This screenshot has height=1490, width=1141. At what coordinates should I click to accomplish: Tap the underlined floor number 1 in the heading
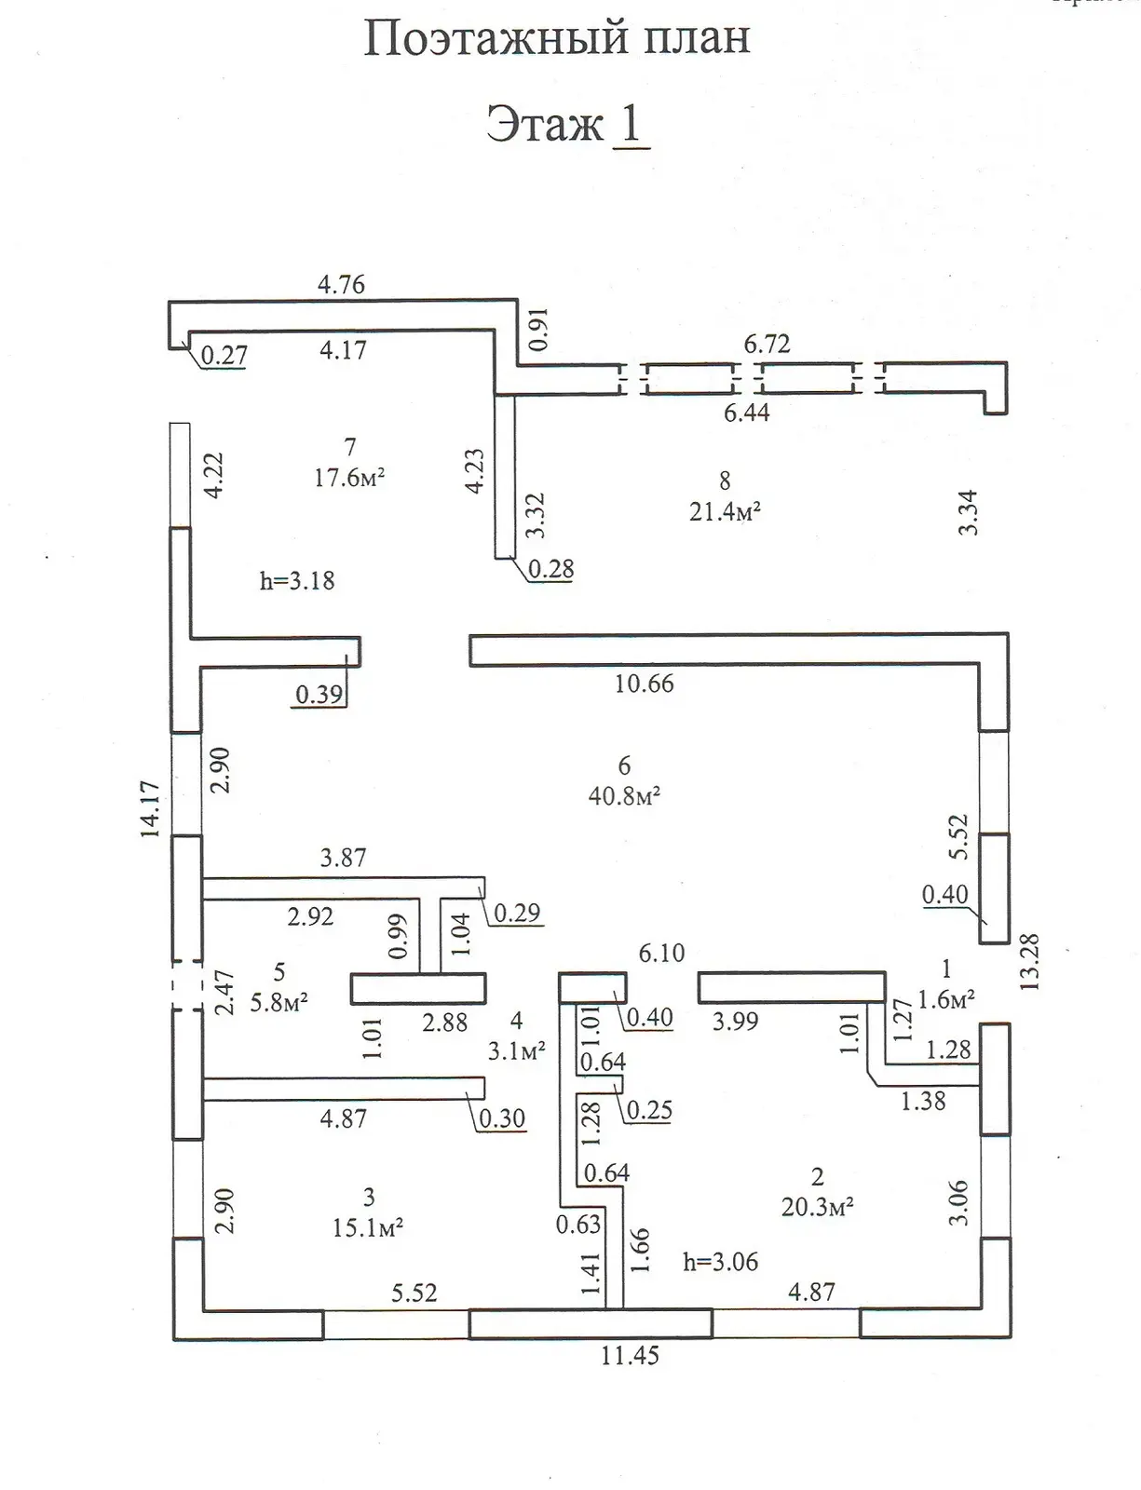click(x=631, y=124)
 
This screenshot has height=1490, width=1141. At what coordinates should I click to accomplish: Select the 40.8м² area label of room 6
click(x=624, y=796)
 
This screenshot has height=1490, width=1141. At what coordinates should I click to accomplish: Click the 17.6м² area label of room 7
click(x=349, y=479)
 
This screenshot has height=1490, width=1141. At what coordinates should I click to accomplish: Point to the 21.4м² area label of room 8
click(x=725, y=511)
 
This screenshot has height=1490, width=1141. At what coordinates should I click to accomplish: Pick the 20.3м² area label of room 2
click(x=817, y=1207)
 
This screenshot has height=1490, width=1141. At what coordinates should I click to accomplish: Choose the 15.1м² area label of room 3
click(x=367, y=1227)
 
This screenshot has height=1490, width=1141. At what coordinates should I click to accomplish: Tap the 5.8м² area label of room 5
click(x=278, y=1003)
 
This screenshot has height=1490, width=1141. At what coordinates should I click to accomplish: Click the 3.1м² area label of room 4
click(x=516, y=1052)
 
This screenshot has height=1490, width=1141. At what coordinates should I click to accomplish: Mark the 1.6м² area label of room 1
click(x=945, y=999)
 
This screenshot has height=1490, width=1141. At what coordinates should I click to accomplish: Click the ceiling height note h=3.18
click(x=296, y=581)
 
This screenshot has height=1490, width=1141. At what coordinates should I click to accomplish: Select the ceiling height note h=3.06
click(x=720, y=1262)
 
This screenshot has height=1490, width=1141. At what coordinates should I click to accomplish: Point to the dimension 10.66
click(x=644, y=684)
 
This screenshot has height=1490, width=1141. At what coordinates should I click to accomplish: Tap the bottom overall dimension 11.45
click(x=630, y=1356)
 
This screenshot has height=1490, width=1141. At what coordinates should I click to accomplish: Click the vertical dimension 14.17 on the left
click(x=151, y=809)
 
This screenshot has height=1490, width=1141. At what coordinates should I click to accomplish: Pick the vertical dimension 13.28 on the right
click(x=1030, y=961)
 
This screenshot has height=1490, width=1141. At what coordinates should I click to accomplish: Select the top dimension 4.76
click(x=341, y=285)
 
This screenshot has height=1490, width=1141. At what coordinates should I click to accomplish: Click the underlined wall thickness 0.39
click(x=319, y=694)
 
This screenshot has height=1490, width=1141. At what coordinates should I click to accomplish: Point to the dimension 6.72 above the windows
click(x=767, y=345)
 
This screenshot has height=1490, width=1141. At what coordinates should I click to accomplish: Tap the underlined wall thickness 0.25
click(x=649, y=1110)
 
